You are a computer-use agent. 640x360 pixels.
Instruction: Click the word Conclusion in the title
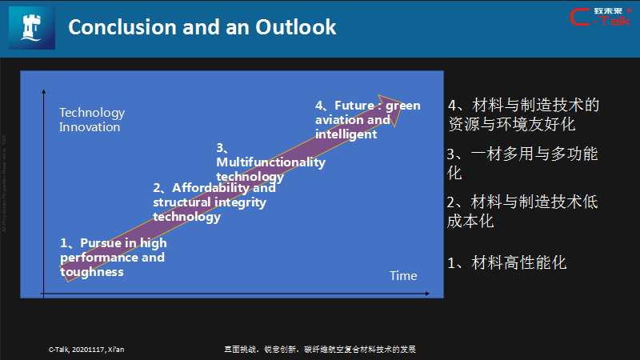point(117,27)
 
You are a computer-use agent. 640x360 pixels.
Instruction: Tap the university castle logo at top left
point(31,27)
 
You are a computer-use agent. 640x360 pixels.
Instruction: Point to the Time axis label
point(403,276)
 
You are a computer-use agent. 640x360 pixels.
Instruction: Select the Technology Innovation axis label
point(92,120)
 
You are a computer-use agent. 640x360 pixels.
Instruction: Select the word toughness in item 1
point(92,272)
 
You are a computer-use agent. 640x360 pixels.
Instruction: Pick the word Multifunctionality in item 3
point(271,162)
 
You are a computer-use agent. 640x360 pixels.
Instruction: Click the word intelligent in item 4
point(346,134)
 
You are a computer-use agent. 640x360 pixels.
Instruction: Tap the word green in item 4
point(405,106)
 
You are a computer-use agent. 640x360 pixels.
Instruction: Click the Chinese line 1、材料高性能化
point(506,262)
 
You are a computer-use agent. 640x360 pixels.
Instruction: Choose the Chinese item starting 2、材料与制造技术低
point(522,211)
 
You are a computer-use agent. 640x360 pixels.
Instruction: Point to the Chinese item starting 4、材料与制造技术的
point(523,114)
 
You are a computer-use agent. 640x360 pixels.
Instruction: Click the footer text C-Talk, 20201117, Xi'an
point(86,350)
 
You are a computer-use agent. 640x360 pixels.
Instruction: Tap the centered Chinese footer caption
point(320,350)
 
